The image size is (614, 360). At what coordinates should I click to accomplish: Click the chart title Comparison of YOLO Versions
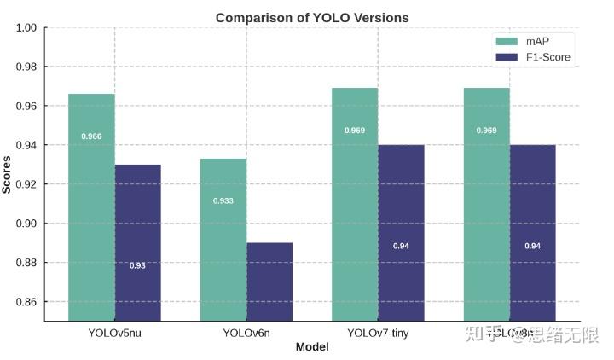[x=311, y=17]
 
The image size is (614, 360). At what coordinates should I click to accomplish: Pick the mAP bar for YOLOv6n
[x=223, y=239]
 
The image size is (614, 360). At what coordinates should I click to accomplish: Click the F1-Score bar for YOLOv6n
[x=269, y=282]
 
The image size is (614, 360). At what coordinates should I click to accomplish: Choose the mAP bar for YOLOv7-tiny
[x=355, y=205]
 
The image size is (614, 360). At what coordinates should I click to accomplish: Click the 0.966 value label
[x=91, y=136]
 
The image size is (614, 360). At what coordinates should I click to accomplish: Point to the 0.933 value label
[x=223, y=201]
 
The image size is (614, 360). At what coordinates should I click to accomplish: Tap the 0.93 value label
[x=137, y=266]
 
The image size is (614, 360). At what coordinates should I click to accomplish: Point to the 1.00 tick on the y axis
[x=26, y=28]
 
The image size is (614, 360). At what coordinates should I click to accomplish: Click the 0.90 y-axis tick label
[x=26, y=224]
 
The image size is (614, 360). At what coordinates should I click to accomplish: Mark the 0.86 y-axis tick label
[x=26, y=302]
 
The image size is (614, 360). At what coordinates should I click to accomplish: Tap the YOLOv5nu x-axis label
[x=114, y=333]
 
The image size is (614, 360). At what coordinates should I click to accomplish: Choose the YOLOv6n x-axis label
[x=246, y=333]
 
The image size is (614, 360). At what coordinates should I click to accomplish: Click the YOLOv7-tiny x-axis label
[x=378, y=333]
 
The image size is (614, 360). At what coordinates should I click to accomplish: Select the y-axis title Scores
[x=7, y=174]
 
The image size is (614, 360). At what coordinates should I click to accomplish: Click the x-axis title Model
[x=311, y=347]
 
